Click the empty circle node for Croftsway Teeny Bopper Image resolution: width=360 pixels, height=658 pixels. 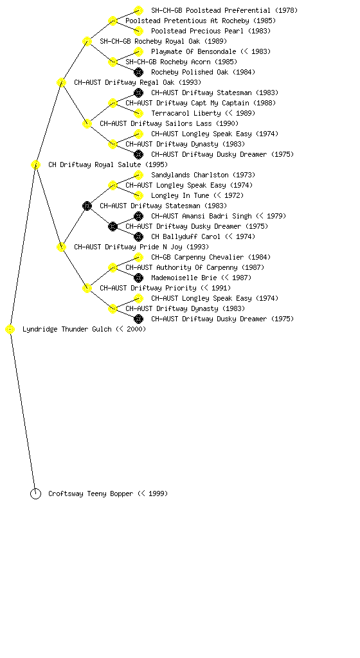(35, 494)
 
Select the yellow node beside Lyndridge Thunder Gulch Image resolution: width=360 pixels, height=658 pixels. (10, 330)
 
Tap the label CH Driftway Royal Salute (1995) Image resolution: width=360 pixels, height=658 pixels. (108, 164)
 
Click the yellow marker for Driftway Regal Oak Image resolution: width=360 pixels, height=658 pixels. (61, 83)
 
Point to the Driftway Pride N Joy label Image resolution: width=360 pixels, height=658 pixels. (141, 247)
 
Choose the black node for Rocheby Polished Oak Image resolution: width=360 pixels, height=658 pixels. (138, 72)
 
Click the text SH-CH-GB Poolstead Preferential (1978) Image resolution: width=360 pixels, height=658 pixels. (224, 10)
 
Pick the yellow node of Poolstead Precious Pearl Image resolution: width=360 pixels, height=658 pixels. (138, 31)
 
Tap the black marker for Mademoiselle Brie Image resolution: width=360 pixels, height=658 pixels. (138, 278)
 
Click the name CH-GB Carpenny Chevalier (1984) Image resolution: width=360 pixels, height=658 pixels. (211, 257)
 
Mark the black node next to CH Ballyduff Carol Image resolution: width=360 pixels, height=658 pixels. (138, 236)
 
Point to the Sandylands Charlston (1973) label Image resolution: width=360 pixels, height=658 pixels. (203, 175)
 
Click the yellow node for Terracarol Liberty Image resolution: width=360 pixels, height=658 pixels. (138, 113)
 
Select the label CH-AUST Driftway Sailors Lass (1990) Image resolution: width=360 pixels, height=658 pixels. (169, 123)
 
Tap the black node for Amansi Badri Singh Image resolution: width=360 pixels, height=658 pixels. (138, 216)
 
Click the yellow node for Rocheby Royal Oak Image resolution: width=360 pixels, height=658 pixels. (87, 42)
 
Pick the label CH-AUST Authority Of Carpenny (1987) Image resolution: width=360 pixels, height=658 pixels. (195, 267)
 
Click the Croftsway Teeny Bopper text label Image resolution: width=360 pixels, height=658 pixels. (108, 494)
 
